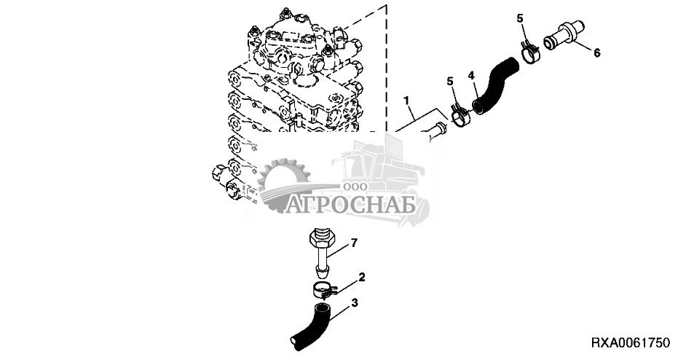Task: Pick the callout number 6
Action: click(x=597, y=52)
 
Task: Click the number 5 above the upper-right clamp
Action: click(x=520, y=17)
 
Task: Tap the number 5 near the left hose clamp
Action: click(x=450, y=81)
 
